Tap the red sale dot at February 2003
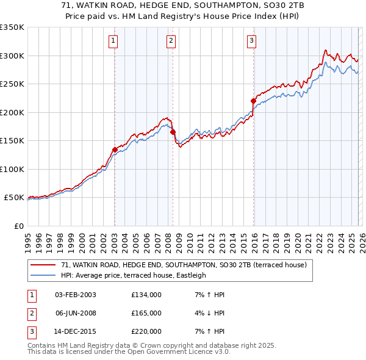coord(115,149)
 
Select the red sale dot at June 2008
coord(173,132)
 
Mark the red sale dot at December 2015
coord(253,101)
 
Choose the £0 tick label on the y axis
coord(19,226)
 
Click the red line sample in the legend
coord(43,265)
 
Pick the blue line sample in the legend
coord(43,275)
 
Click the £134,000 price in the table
coord(146,295)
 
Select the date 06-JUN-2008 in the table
coord(76,313)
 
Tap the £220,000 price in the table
coord(146,331)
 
